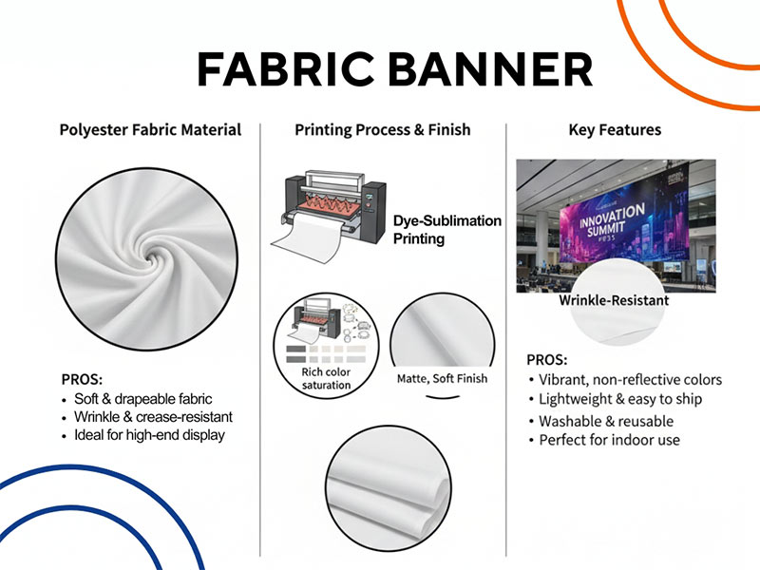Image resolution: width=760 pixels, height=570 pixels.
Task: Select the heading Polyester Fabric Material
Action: [150, 129]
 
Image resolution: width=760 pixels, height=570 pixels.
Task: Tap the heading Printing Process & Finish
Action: [382, 129]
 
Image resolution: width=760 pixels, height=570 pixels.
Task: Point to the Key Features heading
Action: [615, 129]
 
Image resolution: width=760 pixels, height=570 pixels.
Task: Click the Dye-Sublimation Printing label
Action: [446, 229]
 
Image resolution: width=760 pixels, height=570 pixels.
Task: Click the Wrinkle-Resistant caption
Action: [614, 300]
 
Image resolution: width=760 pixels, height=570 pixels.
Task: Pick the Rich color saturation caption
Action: [326, 378]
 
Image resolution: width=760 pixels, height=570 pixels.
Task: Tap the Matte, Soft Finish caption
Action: [442, 378]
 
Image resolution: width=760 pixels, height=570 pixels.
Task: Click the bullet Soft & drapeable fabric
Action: [142, 399]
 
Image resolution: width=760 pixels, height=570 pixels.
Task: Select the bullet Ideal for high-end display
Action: [149, 435]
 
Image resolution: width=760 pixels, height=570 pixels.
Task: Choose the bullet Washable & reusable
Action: [606, 421]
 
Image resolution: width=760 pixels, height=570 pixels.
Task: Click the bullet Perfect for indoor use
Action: [609, 440]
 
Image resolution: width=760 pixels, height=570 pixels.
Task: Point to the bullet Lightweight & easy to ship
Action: [620, 399]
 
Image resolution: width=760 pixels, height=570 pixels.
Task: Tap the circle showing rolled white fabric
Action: [389, 484]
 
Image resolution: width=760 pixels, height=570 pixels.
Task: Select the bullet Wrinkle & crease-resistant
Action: [153, 417]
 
